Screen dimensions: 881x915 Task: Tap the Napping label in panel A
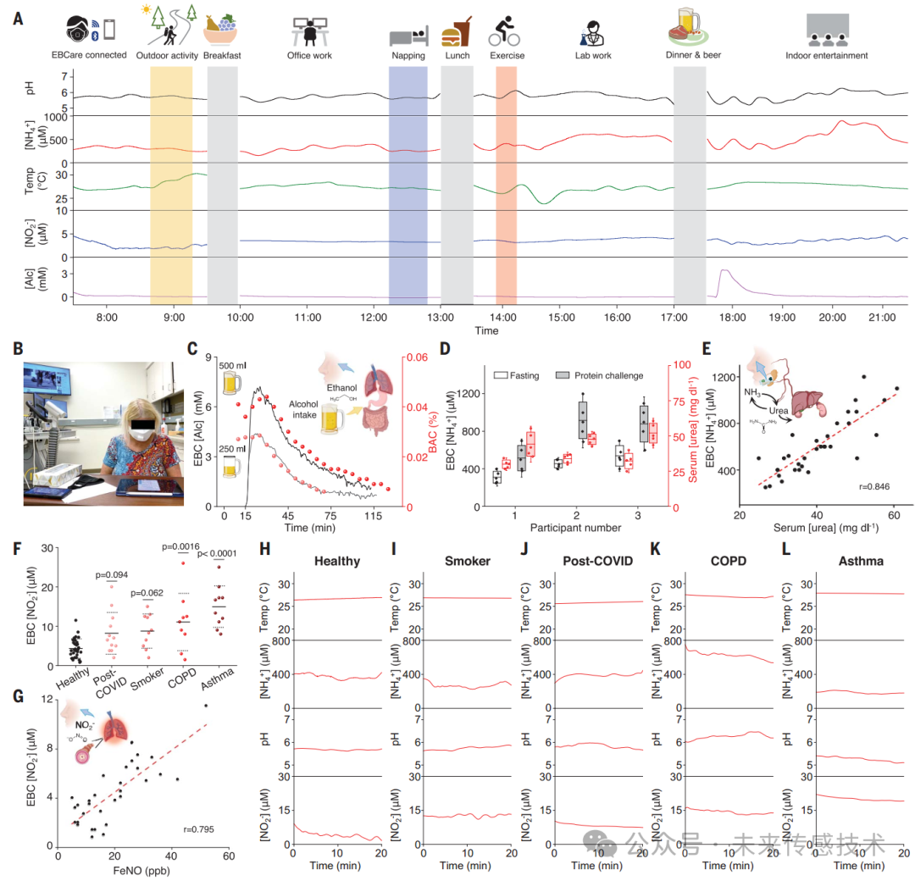point(408,56)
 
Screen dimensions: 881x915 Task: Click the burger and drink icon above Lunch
point(457,32)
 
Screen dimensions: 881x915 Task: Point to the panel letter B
point(18,348)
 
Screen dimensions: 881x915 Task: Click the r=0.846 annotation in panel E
point(873,488)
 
